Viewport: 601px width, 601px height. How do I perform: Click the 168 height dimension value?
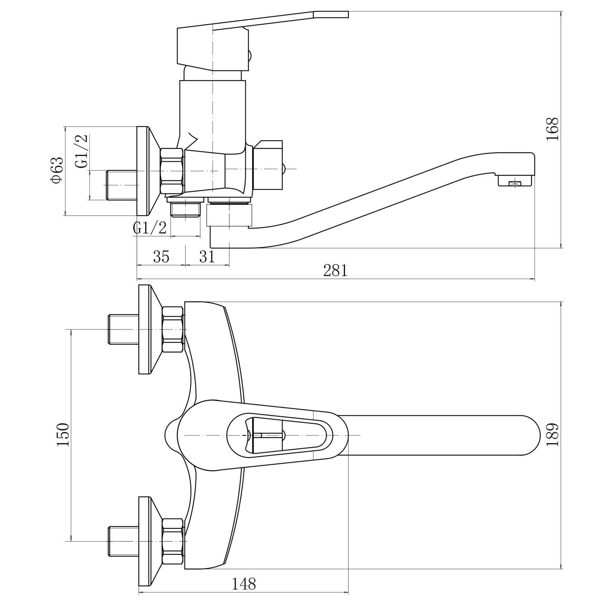(553, 129)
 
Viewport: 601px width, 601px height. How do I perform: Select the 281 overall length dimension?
(335, 271)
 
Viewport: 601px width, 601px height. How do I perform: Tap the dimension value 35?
(161, 256)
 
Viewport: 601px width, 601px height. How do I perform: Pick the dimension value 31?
(207, 256)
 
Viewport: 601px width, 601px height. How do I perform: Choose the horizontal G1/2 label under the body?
(150, 228)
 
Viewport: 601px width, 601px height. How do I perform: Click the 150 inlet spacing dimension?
(63, 435)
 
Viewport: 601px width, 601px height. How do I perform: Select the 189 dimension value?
(553, 434)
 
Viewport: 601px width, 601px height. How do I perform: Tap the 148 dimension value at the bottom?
(244, 584)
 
